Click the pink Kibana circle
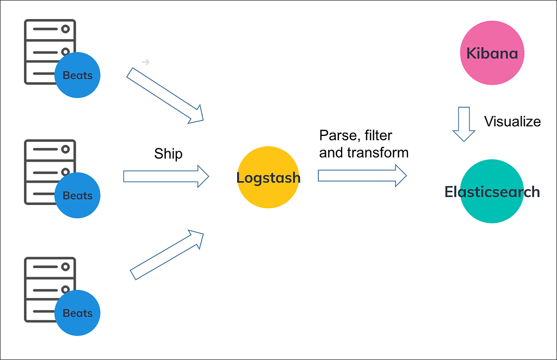[492, 53]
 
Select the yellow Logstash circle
[268, 177]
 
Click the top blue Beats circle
[78, 75]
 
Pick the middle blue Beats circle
[78, 195]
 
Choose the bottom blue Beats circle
[78, 313]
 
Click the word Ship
[168, 154]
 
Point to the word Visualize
[512, 121]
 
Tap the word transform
[377, 153]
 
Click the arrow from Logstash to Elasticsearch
[362, 175]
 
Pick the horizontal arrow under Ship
[166, 176]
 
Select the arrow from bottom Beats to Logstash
[166, 255]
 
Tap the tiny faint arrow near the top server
[145, 63]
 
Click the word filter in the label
[379, 135]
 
